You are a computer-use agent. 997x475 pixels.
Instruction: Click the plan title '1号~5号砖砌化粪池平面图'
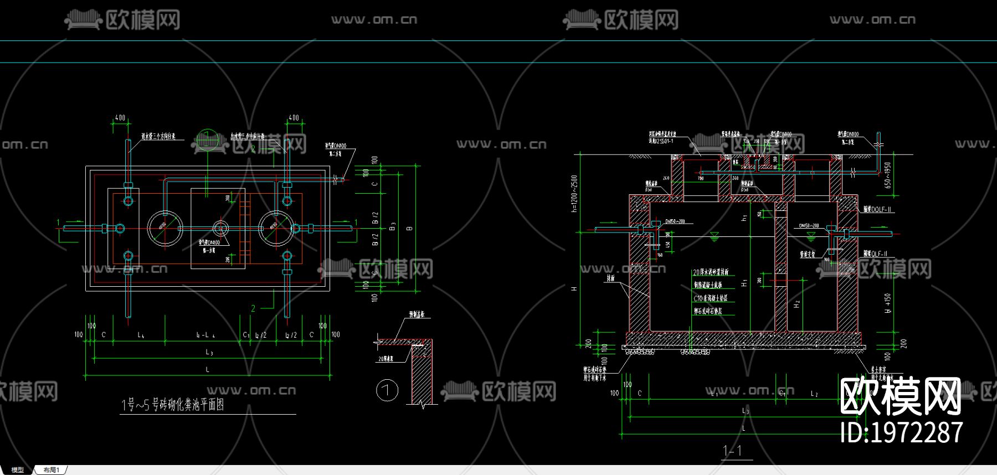[173, 405]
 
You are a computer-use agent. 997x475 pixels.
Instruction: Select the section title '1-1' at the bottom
[732, 451]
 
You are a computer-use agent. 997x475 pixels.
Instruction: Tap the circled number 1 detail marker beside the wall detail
[387, 390]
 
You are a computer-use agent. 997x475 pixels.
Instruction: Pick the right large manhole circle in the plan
[276, 228]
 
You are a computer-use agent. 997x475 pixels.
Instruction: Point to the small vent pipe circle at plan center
[220, 228]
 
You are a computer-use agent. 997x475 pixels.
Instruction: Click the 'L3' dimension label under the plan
[209, 352]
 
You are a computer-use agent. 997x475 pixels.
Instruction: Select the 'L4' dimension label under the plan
[141, 335]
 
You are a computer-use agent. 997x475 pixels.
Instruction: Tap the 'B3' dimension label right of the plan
[393, 227]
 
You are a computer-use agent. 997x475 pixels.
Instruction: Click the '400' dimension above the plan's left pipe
[120, 118]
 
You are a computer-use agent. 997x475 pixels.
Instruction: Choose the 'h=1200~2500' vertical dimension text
[574, 193]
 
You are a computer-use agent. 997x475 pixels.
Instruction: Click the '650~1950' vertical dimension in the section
[888, 175]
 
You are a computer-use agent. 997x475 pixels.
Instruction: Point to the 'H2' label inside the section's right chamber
[796, 304]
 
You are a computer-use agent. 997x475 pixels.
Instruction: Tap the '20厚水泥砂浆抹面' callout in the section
[711, 272]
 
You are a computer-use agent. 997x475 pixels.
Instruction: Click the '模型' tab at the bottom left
[18, 470]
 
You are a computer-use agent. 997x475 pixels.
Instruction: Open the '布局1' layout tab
[51, 470]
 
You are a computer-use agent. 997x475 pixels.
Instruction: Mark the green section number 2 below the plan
[253, 308]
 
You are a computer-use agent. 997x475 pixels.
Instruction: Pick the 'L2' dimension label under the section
[814, 394]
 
